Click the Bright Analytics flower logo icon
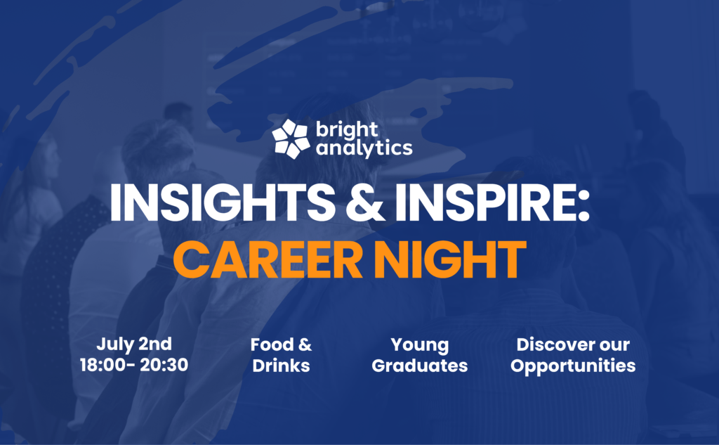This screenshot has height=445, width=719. tap(291, 138)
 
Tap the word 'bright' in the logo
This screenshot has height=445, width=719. tap(346, 131)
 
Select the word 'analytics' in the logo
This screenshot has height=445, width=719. tap(364, 148)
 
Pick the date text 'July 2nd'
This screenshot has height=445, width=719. tap(134, 344)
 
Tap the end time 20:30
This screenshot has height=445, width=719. tap(166, 366)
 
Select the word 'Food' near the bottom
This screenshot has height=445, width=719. tap(270, 344)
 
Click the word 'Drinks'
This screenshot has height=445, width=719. tap(281, 366)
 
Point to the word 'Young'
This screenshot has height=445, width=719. tap(419, 344)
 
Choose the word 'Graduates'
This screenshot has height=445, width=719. tap(419, 366)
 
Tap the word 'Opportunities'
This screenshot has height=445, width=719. tap(573, 366)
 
